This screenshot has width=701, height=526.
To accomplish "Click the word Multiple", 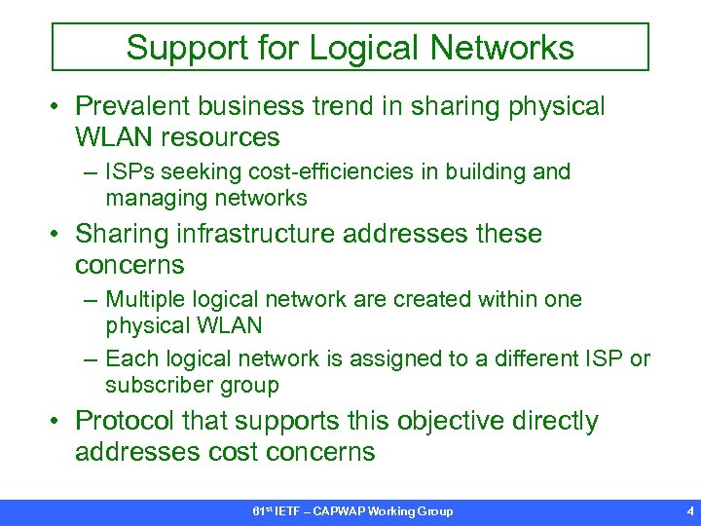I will (143, 300).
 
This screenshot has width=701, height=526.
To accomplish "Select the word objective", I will (425, 422).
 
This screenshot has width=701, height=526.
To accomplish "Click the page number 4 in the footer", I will (689, 511).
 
